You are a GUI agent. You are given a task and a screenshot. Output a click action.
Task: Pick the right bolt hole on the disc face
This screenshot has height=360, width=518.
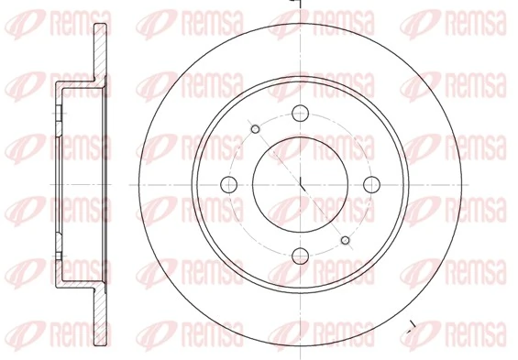point(371,184)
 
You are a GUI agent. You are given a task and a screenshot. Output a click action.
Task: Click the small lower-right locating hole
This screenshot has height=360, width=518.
point(346,240)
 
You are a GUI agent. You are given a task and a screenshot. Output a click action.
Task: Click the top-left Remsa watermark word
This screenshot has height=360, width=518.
point(65,19)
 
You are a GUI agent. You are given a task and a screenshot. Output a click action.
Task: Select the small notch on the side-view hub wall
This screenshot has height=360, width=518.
point(58,114)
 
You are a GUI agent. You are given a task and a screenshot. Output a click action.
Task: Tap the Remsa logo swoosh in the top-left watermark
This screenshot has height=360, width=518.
point(20,20)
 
